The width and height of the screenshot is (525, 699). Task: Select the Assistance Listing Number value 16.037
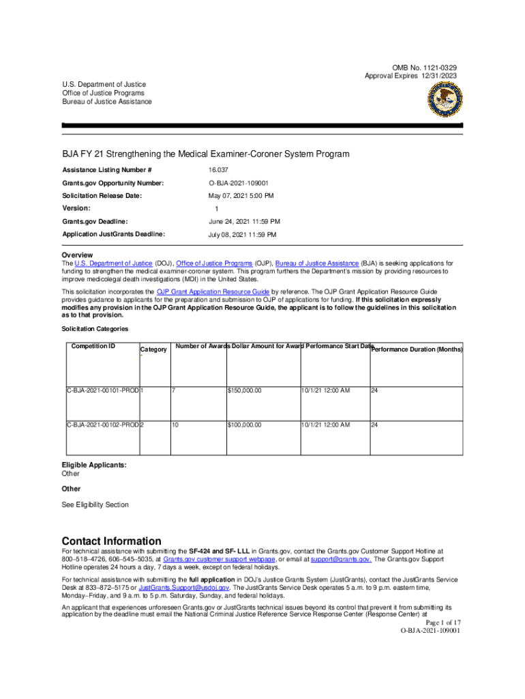pyautogui.click(x=220, y=170)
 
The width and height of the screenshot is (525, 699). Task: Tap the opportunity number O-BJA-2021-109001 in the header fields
pyautogui.click(x=238, y=183)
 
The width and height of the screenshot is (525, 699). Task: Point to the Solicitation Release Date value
pyautogui.click(x=241, y=196)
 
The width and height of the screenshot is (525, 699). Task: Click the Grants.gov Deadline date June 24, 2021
pyautogui.click(x=243, y=221)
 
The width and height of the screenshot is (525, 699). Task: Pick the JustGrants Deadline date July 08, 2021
pyautogui.click(x=242, y=234)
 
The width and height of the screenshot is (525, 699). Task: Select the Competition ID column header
pyautogui.click(x=93, y=347)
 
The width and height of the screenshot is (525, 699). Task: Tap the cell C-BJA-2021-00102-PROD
pyautogui.click(x=102, y=425)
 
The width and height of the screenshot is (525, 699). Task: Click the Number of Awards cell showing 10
pyautogui.click(x=176, y=425)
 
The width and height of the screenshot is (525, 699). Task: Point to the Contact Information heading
pyautogui.click(x=111, y=541)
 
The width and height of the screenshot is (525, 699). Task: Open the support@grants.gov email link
pyautogui.click(x=341, y=559)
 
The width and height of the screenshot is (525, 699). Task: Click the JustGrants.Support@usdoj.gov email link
pyautogui.click(x=183, y=587)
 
